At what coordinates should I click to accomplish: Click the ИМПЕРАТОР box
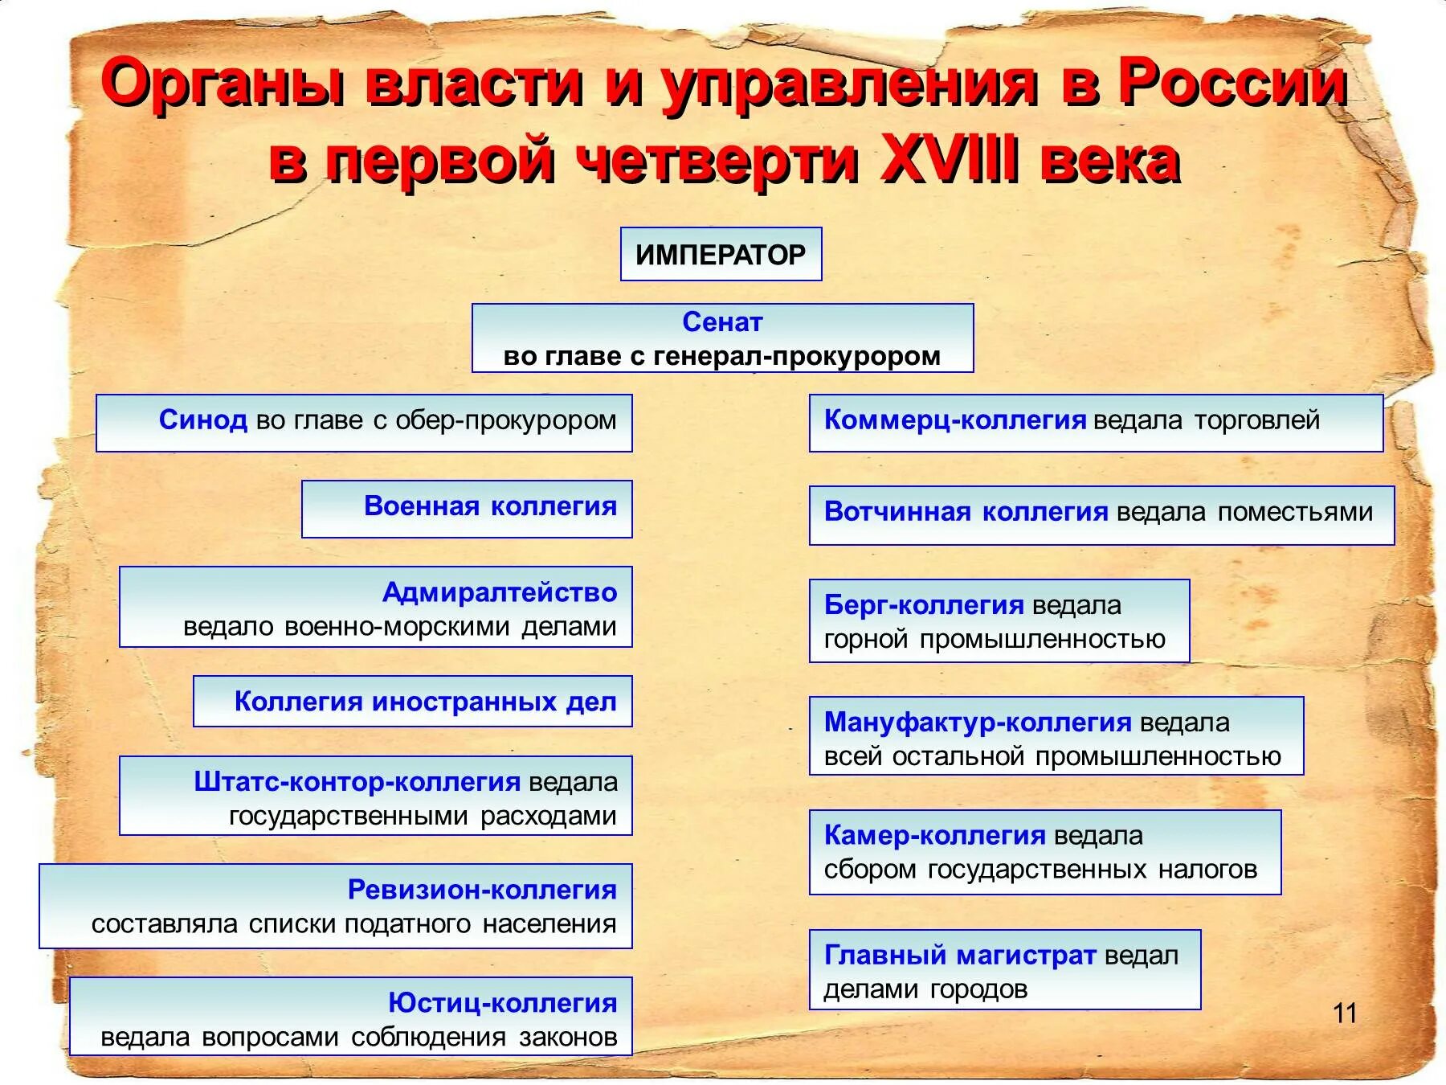pyautogui.click(x=721, y=255)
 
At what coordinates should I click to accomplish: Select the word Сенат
pyautogui.click(x=722, y=321)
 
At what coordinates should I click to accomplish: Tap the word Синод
pyautogui.click(x=202, y=420)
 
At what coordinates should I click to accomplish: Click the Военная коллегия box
pyautogui.click(x=467, y=508)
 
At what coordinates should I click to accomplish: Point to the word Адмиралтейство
pyautogui.click(x=499, y=592)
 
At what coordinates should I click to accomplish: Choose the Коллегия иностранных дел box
pyautogui.click(x=413, y=702)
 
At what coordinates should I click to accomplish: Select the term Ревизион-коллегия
pyautogui.click(x=482, y=890)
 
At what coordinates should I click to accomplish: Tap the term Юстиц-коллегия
pyautogui.click(x=502, y=1003)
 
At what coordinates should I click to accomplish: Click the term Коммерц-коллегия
pyautogui.click(x=955, y=420)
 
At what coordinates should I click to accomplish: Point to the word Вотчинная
pyautogui.click(x=897, y=512)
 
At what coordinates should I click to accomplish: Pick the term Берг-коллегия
pyautogui.click(x=924, y=605)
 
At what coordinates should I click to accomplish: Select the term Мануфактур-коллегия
pyautogui.click(x=978, y=723)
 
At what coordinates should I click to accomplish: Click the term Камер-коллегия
pyautogui.click(x=935, y=836)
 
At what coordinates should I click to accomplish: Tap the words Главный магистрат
pyautogui.click(x=960, y=956)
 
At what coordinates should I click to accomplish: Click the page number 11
pyautogui.click(x=1345, y=1013)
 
